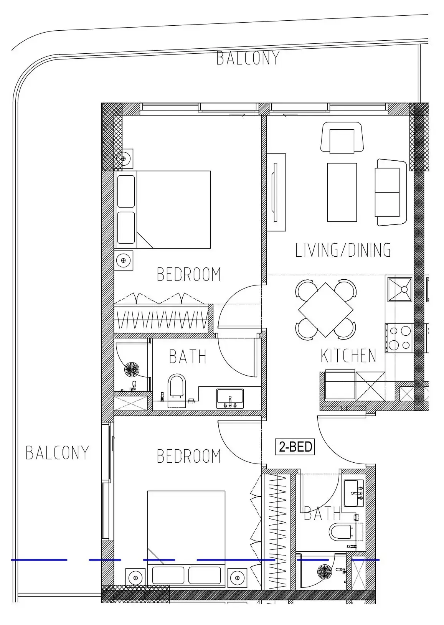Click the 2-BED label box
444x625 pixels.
point(295,447)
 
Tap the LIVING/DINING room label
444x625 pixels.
point(343,250)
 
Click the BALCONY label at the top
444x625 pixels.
point(248,58)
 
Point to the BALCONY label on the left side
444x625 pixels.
point(57,453)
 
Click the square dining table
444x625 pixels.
point(326,310)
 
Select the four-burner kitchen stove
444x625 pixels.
point(399,338)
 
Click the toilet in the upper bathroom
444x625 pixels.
point(177,390)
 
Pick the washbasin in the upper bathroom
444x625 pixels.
point(230,398)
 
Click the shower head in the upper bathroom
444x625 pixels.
point(132,369)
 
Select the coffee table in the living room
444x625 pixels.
point(342,193)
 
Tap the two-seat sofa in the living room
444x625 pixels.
point(391,193)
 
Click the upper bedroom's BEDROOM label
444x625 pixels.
point(189,274)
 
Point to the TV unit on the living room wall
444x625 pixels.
point(276,193)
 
